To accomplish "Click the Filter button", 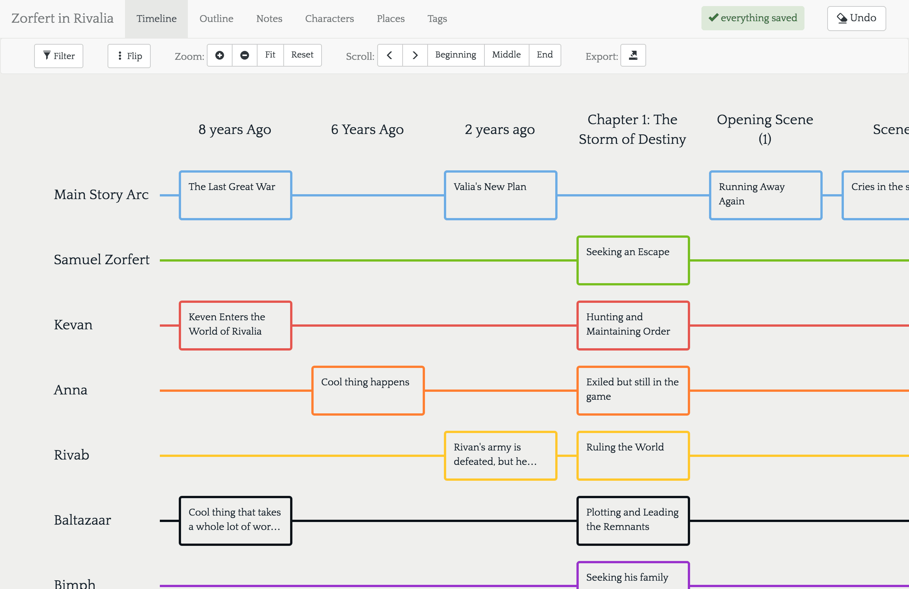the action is tap(58, 56).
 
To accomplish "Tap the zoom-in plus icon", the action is tap(220, 55).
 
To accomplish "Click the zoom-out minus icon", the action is tap(244, 55).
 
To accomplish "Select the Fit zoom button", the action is tap(270, 55).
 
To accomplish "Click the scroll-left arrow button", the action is tap(390, 55).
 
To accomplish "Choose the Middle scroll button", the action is tap(506, 55).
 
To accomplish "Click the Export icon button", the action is tap(633, 55).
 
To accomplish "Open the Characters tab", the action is tap(329, 19).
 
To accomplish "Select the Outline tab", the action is tap(216, 19).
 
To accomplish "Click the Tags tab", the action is tap(437, 19).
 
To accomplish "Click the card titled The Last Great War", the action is tap(236, 195).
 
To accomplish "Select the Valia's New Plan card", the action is tap(501, 195).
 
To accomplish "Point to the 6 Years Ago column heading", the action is tap(367, 130).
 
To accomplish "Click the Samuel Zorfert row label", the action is tap(102, 260).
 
